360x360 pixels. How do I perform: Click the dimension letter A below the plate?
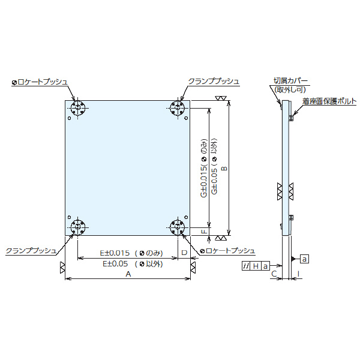coord(127,274)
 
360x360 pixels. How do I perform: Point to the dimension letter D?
coord(184,253)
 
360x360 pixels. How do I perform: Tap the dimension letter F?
coord(204,231)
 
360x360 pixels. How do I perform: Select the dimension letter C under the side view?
coord(274,274)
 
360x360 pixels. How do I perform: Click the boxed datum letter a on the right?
coord(304,259)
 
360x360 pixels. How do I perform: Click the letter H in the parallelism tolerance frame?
coord(256,265)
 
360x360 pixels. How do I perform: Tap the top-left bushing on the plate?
coord(78,109)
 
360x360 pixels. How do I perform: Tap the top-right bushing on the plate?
coord(178,109)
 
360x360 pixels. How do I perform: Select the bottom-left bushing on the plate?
coord(78,226)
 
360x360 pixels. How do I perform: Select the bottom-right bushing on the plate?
coord(178,226)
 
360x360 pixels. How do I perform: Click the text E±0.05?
coord(115,263)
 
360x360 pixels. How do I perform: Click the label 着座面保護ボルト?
coord(329,101)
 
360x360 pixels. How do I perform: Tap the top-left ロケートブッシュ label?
coord(40,81)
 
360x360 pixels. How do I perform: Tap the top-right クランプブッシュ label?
coord(214,81)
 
